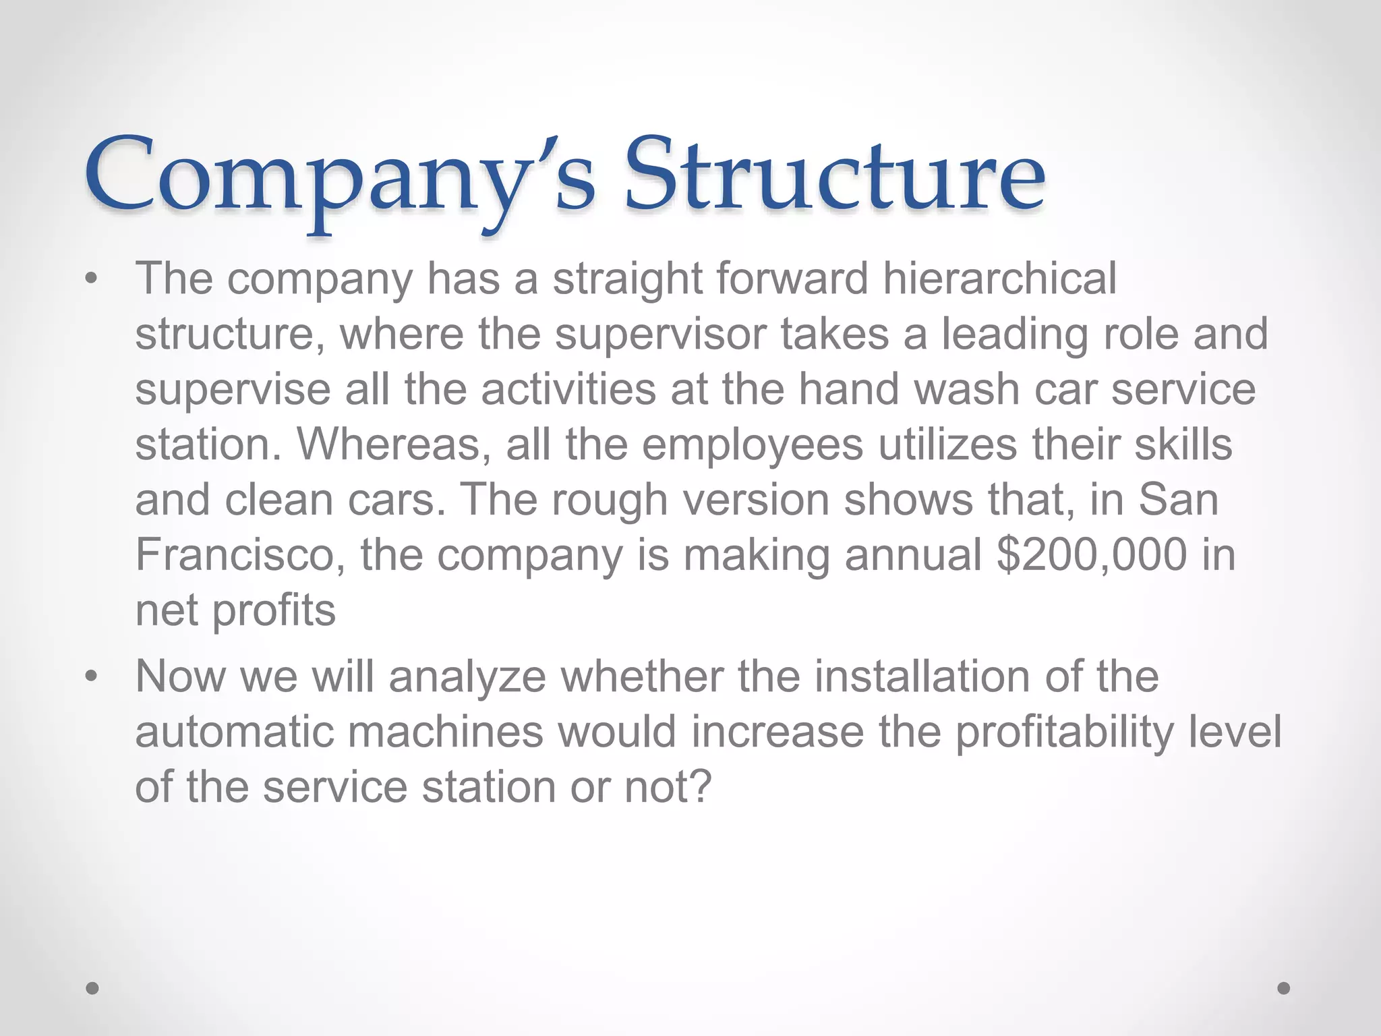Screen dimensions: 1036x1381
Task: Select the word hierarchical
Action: (x=999, y=278)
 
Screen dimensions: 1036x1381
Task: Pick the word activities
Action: (x=568, y=390)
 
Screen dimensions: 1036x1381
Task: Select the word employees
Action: (x=752, y=445)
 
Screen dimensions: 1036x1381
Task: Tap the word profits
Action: (x=274, y=610)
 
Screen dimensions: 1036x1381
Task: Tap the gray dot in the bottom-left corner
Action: (x=93, y=988)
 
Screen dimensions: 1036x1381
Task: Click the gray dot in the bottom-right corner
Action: (x=1284, y=988)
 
